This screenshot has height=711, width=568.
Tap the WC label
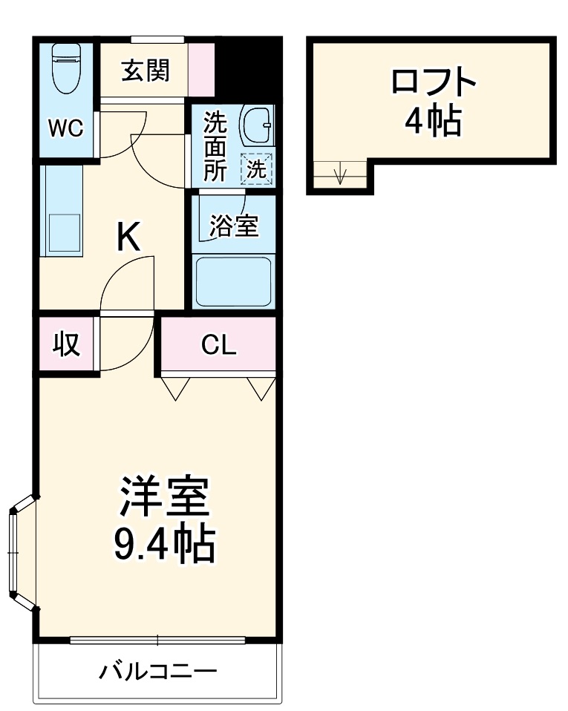pos(65,128)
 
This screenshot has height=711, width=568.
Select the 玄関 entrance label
pos(146,71)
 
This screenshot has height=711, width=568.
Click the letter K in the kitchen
pos(128,237)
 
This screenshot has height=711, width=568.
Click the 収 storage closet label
pos(66,345)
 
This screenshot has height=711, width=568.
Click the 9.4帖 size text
pos(164,545)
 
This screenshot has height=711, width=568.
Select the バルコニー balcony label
pos(158,672)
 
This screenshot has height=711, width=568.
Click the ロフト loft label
pos(433,82)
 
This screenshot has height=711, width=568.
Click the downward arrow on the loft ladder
pos(340,176)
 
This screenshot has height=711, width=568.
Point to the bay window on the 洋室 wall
pos(20,553)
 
